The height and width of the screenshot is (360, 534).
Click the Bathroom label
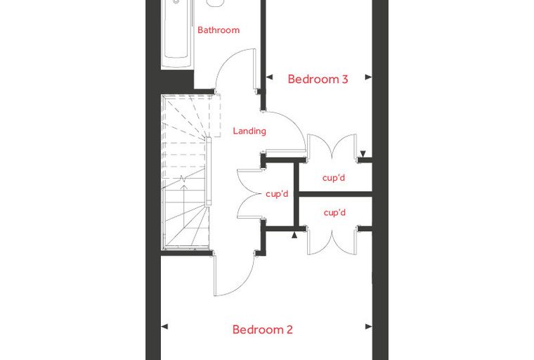(x=219, y=30)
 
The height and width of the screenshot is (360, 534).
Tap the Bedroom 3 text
(x=318, y=79)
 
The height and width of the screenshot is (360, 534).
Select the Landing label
(x=249, y=131)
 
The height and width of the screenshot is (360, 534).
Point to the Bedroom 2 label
(x=262, y=330)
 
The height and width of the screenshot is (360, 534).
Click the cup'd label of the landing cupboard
(x=277, y=194)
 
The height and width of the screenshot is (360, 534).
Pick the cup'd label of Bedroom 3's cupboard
(x=334, y=178)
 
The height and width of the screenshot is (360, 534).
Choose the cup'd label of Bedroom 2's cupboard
(x=334, y=213)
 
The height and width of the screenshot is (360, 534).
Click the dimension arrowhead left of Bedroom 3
(x=269, y=77)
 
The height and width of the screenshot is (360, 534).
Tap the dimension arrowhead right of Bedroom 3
(x=368, y=77)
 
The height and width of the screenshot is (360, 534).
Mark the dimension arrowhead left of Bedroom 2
(x=164, y=326)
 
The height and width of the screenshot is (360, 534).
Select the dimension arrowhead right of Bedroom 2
(x=368, y=326)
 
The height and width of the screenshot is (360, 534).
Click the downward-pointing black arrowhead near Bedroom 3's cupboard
(x=363, y=154)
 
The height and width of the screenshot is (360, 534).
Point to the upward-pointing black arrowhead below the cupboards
(x=294, y=235)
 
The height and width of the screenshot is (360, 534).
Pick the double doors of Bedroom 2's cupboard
(x=332, y=241)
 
